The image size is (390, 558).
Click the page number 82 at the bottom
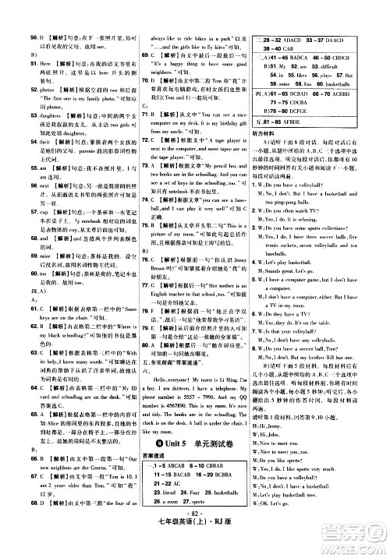pyautogui.click(x=193, y=539)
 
